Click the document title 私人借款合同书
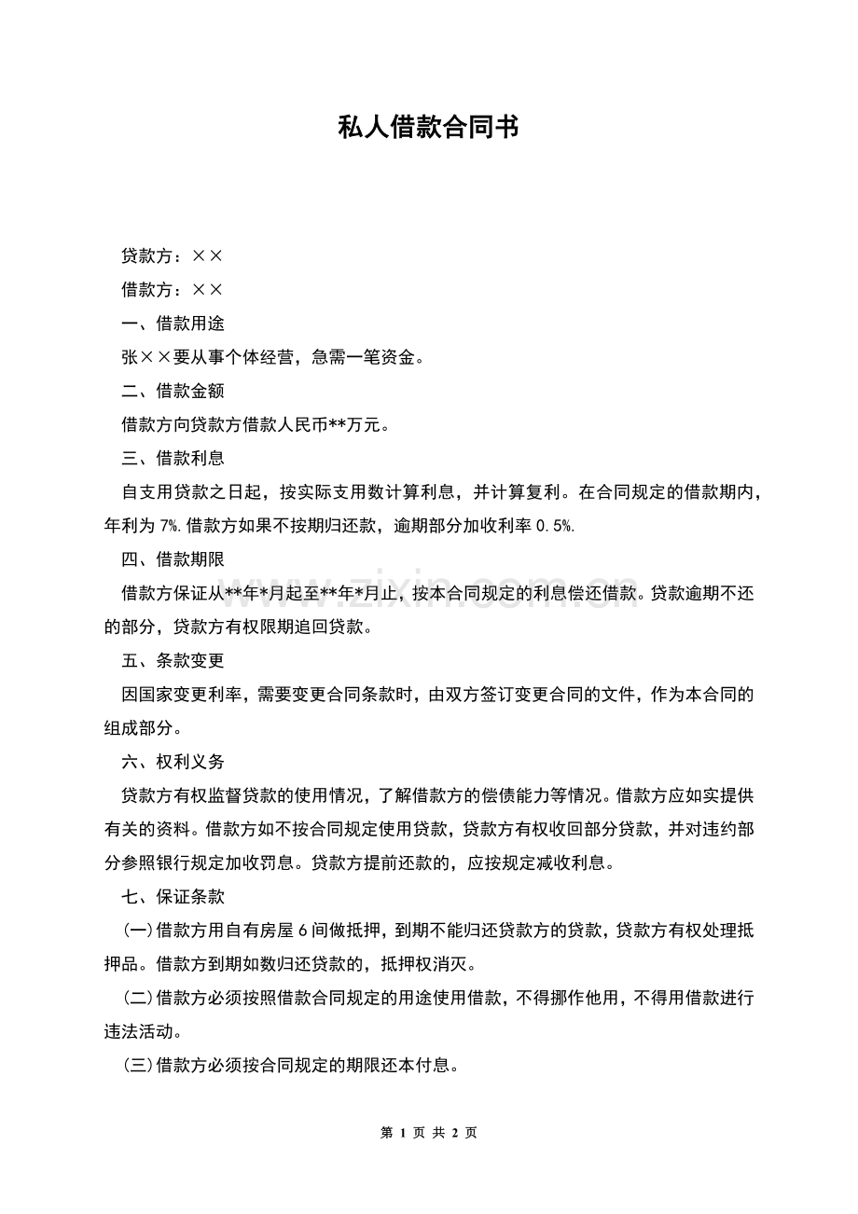[428, 128]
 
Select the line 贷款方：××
[172, 255]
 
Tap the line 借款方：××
[172, 290]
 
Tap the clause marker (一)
[139, 931]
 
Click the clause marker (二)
[139, 999]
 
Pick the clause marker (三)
[139, 1066]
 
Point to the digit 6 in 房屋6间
[303, 931]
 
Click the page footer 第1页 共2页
[429, 1133]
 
